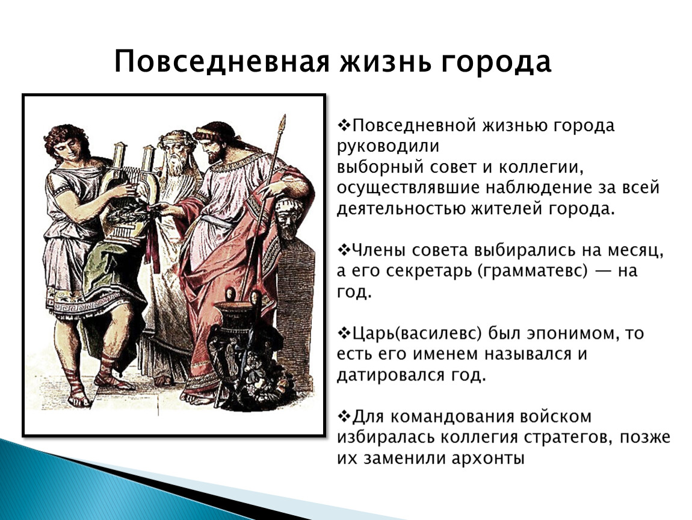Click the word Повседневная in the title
point(221,61)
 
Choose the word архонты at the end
point(487,459)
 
